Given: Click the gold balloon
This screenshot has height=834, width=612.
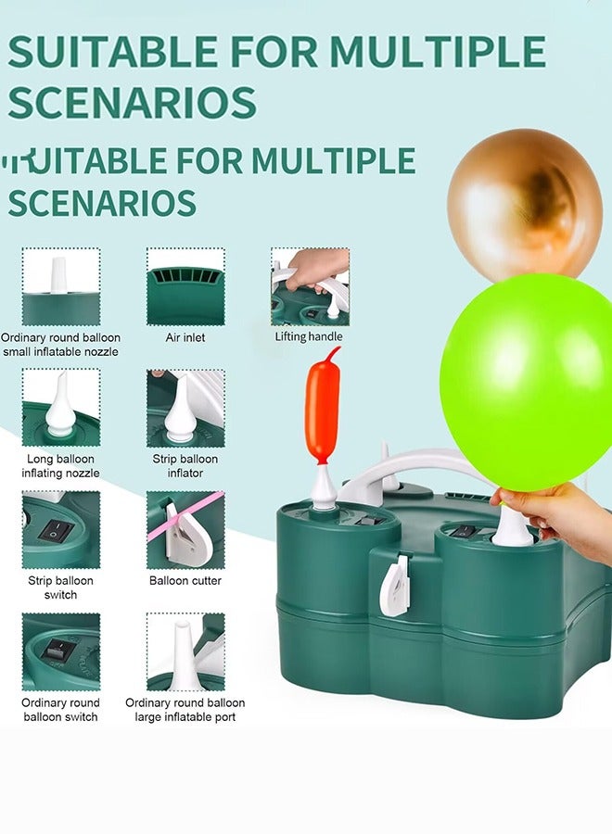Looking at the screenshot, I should tap(524, 202).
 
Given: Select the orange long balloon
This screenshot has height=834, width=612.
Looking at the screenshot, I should tap(323, 408).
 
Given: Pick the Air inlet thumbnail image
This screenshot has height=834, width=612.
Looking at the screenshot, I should tap(185, 285).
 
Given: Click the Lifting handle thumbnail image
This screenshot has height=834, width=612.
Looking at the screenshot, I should tap(310, 285).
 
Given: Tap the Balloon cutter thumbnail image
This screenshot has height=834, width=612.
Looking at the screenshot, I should tap(185, 530).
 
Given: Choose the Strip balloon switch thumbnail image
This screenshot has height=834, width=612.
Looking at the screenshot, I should tap(61, 530).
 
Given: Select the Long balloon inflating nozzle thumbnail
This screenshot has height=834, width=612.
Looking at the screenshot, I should tap(61, 408).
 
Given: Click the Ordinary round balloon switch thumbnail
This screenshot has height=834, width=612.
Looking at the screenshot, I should tap(61, 652).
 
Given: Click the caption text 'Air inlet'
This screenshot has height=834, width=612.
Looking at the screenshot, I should tap(185, 337).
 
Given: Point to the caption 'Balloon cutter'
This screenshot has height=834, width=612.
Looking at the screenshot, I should tap(185, 581).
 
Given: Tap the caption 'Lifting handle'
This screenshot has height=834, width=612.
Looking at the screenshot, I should tap(309, 336).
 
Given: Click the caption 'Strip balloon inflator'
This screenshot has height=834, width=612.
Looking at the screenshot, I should tap(185, 466).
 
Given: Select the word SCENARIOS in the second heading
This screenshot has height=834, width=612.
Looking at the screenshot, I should tap(102, 202).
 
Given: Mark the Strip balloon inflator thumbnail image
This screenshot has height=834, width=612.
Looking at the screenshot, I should tap(185, 408).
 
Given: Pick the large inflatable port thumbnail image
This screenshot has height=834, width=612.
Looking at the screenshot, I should tap(185, 652).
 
